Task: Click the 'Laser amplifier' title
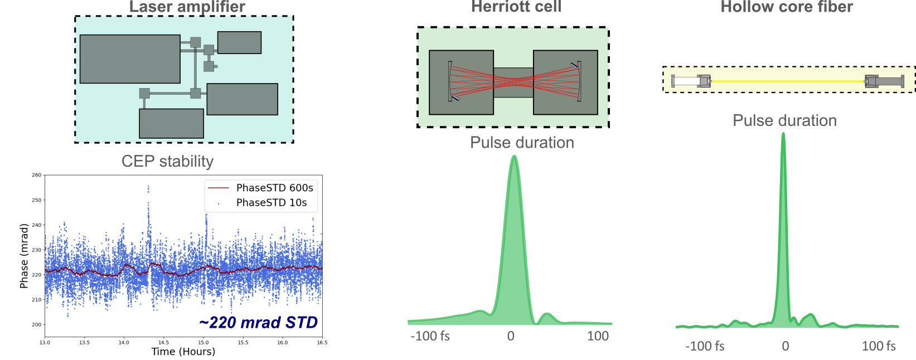coord(187,7)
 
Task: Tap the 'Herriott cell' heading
coord(516,7)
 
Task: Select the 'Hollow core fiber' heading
coord(787,7)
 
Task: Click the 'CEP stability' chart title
coord(167,161)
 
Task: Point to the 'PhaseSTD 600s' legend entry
coord(274,188)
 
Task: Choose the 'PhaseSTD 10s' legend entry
coord(271,203)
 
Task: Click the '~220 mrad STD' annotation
coord(258,323)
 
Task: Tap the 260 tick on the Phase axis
coord(36,175)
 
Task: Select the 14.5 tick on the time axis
coord(163,342)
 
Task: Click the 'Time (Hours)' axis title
coord(183,352)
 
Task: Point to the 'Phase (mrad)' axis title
coord(23,256)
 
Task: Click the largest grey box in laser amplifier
coord(130,59)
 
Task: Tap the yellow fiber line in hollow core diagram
coord(787,81)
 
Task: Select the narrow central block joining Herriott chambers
coord(513,82)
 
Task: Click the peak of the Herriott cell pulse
coord(513,157)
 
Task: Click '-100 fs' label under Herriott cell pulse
coord(430,336)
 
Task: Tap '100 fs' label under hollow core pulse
coord(878,346)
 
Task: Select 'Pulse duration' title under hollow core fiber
coord(784,120)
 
